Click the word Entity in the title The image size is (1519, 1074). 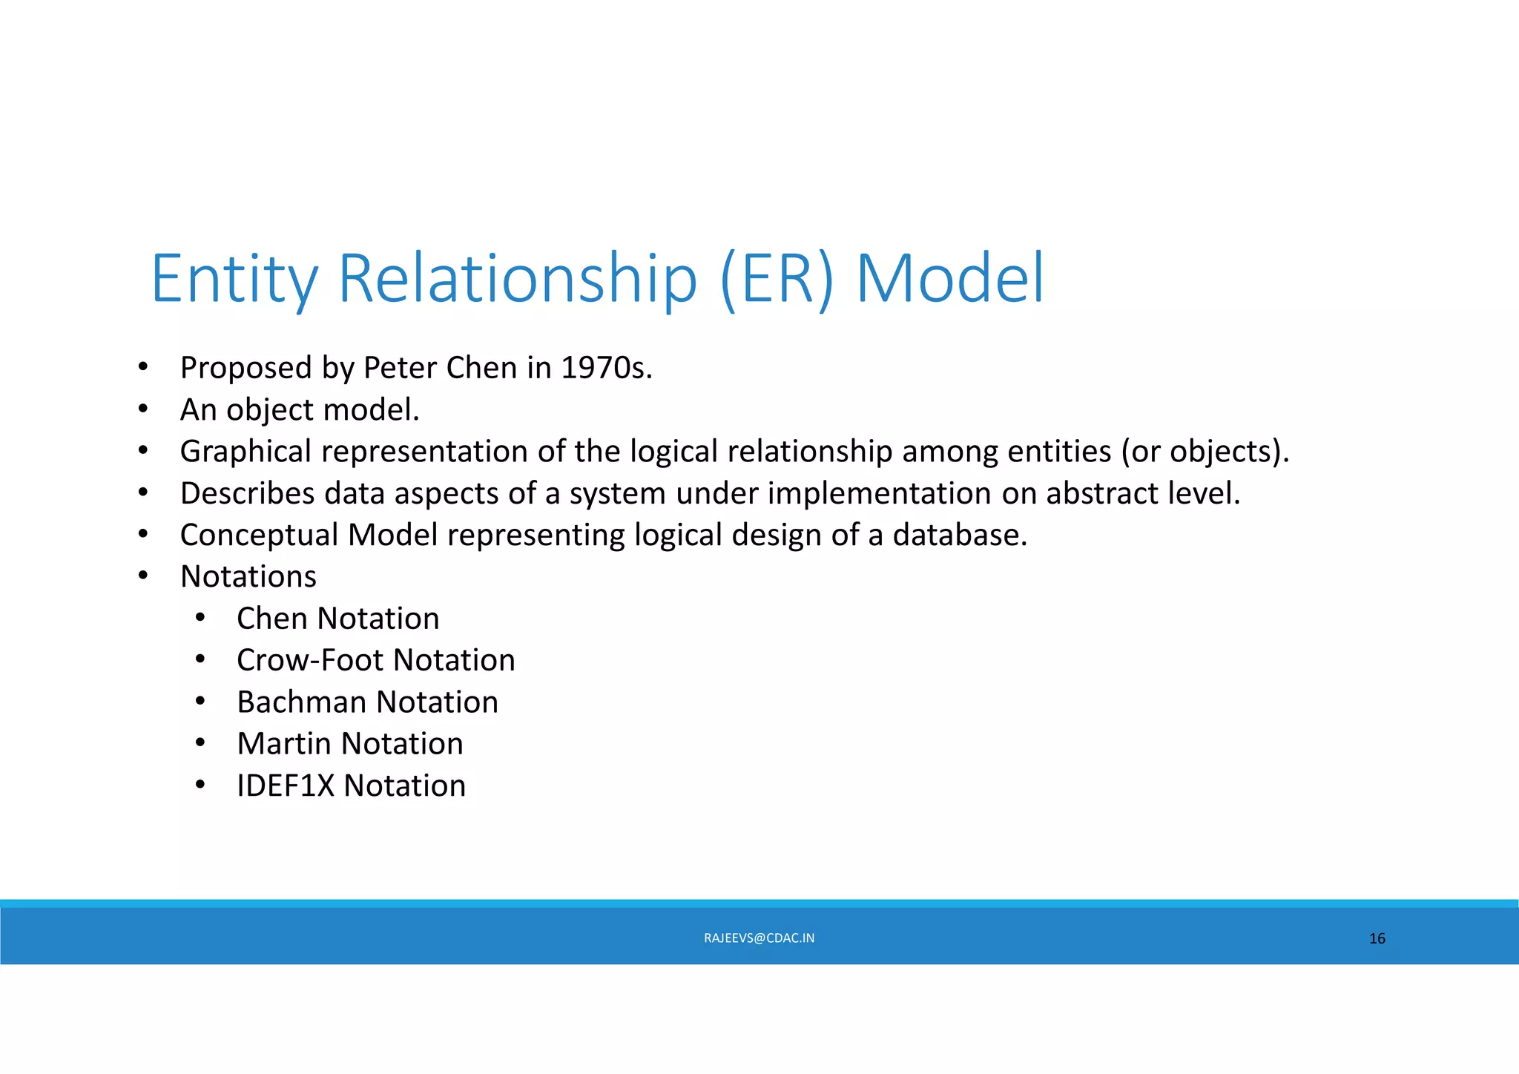pyautogui.click(x=234, y=280)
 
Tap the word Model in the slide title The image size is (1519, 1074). pyautogui.click(x=950, y=280)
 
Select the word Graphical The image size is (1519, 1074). pyautogui.click(x=246, y=452)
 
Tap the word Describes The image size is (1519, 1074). pyautogui.click(x=247, y=494)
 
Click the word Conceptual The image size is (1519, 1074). pyautogui.click(x=259, y=536)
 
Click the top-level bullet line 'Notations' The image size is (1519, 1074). pyautogui.click(x=248, y=577)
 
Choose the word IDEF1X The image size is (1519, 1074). pyautogui.click(x=286, y=786)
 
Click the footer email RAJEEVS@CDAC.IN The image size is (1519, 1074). pyautogui.click(x=759, y=938)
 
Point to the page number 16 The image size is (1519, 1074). pyautogui.click(x=1377, y=939)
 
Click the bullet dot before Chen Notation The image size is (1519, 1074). pyautogui.click(x=200, y=618)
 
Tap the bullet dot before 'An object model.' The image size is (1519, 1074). pyautogui.click(x=143, y=409)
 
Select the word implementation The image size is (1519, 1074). pyautogui.click(x=879, y=494)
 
